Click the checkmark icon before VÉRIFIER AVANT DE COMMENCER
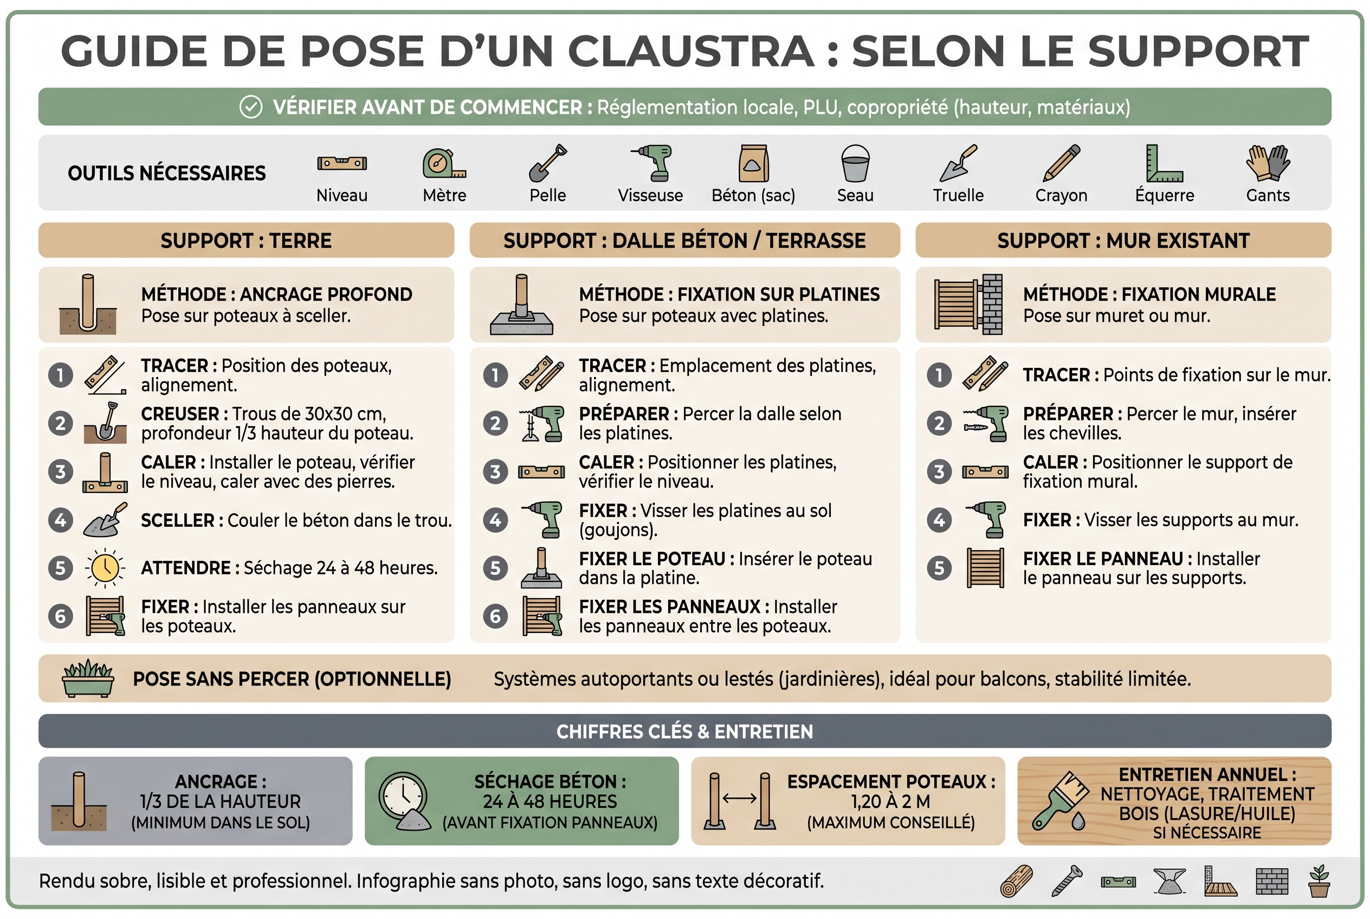coord(251,107)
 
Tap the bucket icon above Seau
coord(855,163)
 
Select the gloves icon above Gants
coord(1268,163)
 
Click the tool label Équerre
coord(1164,195)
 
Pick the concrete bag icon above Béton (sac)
coord(753,163)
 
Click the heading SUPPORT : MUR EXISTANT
coord(1123,241)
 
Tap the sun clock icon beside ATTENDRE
coord(105,567)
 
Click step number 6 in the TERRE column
coord(60,616)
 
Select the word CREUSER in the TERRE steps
coord(180,414)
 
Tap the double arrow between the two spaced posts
coord(740,798)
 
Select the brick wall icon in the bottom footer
coord(1272,882)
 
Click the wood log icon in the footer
coord(1017,881)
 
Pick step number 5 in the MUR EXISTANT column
coord(939,568)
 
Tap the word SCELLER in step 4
coord(178,520)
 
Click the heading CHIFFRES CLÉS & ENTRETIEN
coord(684,732)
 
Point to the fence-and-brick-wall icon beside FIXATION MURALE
coord(968,304)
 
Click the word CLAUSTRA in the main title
coord(692,51)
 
